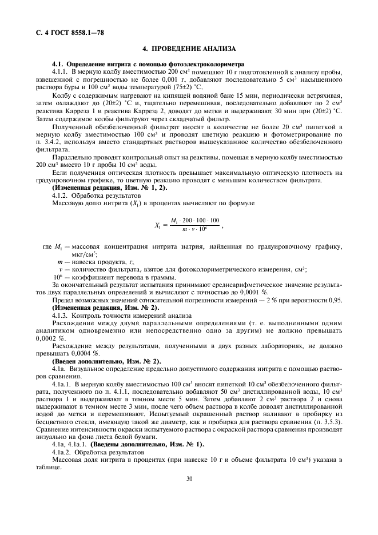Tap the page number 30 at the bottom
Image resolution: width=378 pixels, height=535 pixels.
pos(189,480)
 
